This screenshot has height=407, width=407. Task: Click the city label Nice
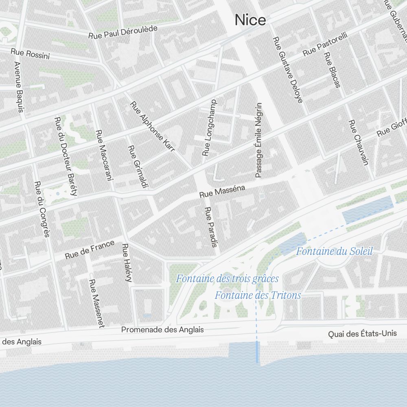[x=250, y=20]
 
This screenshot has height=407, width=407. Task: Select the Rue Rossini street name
[x=30, y=54]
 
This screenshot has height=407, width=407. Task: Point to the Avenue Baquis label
[x=19, y=87]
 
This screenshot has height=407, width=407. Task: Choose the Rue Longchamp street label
[x=209, y=127]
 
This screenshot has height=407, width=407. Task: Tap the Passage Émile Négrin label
[x=258, y=140]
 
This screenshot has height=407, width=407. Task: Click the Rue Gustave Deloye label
[x=287, y=70]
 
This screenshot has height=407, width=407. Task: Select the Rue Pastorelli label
[x=325, y=44]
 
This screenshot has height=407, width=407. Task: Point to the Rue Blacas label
[x=332, y=70]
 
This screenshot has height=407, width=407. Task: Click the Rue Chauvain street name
[x=358, y=142]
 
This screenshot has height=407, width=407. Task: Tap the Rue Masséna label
[x=222, y=191]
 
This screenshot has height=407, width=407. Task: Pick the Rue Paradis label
[x=210, y=227]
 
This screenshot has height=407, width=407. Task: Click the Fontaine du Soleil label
[x=334, y=251]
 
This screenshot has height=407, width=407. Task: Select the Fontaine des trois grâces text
[x=227, y=279]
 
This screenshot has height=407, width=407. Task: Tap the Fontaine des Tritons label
[x=258, y=295]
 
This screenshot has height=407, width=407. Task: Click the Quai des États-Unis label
[x=362, y=334]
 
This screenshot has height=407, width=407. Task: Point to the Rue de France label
[x=90, y=250]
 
